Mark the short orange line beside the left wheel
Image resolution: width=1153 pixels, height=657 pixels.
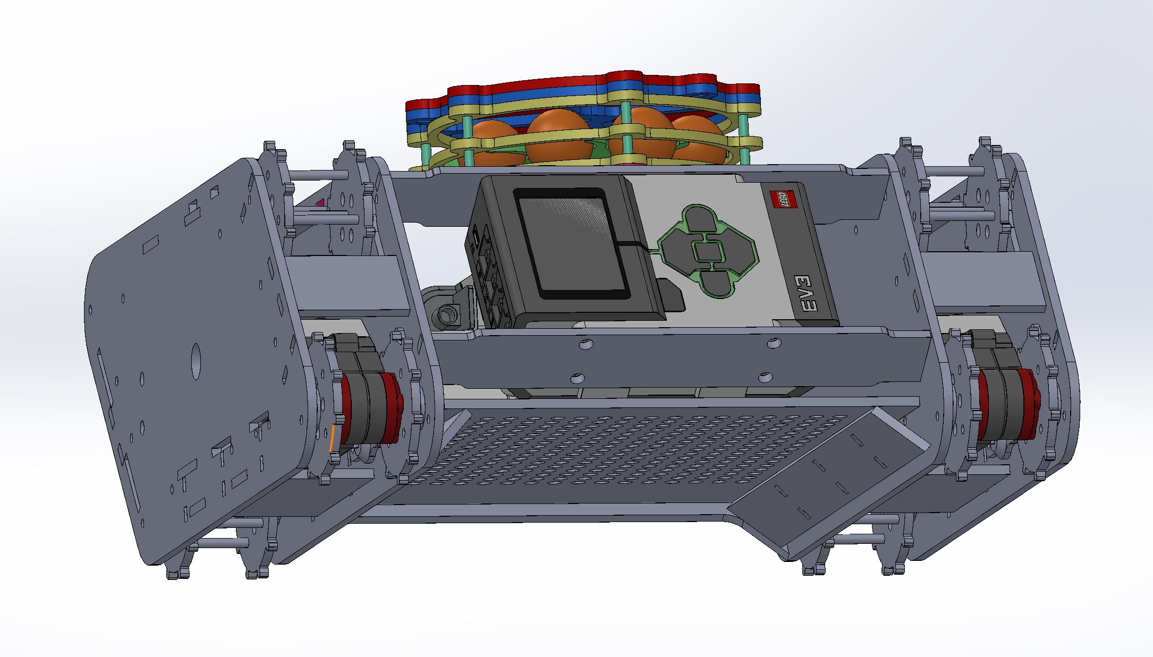click(332, 439)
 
